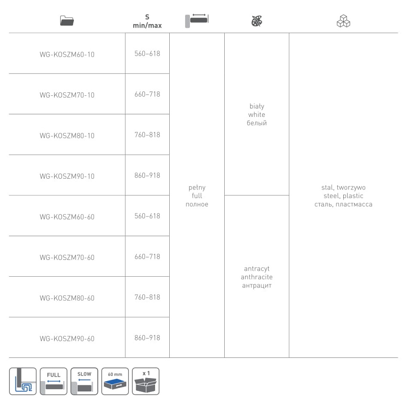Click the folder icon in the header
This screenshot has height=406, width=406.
click(x=67, y=21)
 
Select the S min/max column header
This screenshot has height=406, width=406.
click(x=147, y=21)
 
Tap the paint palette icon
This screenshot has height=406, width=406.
click(x=256, y=21)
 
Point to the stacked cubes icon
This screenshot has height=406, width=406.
click(x=343, y=21)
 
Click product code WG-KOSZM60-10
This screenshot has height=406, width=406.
click(x=67, y=55)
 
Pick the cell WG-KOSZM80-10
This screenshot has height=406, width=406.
click(x=67, y=135)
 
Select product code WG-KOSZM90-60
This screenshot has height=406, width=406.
click(x=67, y=339)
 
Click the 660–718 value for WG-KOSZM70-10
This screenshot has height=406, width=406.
click(x=147, y=94)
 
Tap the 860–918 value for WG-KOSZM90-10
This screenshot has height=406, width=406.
click(x=147, y=175)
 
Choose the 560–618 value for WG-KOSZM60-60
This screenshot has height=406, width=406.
click(x=147, y=216)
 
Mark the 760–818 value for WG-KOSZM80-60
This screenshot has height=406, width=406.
click(x=147, y=297)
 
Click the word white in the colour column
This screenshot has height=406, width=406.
click(x=256, y=114)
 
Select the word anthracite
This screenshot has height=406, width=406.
click(x=256, y=277)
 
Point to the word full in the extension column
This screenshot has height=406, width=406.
click(x=197, y=195)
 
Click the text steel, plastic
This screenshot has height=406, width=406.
click(x=343, y=196)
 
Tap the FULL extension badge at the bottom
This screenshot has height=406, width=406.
click(x=54, y=381)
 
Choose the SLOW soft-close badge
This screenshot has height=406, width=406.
click(x=84, y=381)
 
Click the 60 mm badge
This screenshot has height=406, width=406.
click(x=115, y=381)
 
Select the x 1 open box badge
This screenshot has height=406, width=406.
click(x=146, y=381)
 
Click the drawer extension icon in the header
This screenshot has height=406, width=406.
click(x=197, y=21)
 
